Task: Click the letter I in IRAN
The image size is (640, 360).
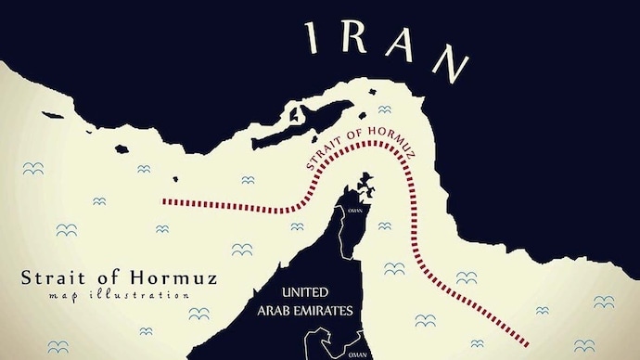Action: pos(314,39)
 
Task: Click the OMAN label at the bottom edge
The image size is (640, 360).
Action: pos(357,354)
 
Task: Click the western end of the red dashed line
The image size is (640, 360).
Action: pos(165,200)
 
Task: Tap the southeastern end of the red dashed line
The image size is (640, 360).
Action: pos(529,340)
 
